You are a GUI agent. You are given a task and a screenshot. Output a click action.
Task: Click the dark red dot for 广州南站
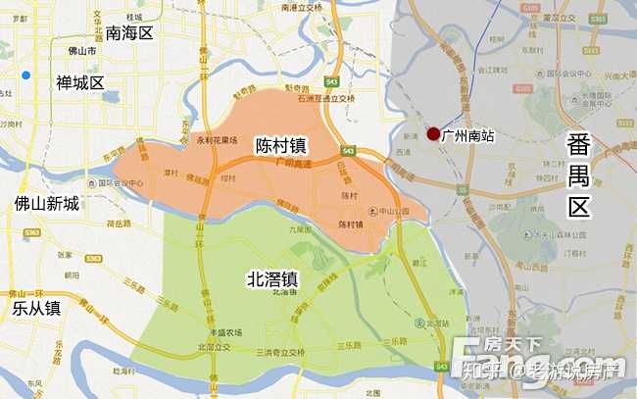coord(433,134)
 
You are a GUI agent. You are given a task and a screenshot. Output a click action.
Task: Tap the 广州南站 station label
coord(468,136)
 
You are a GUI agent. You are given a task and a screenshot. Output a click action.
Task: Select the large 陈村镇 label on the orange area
coord(280,144)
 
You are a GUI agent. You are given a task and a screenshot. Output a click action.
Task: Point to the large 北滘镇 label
coord(273,279)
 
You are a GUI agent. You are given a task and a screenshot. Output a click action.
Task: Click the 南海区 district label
coord(130,33)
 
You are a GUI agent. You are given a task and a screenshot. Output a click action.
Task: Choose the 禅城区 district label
coord(79,82)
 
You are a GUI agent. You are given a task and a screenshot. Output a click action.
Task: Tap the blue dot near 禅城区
coord(26,75)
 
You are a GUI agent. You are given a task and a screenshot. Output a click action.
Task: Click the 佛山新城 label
coord(46,204)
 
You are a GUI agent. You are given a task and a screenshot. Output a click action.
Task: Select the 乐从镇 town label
coord(36,308)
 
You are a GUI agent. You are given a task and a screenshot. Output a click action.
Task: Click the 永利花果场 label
coord(218,140)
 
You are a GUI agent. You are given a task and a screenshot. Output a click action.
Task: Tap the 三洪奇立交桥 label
coord(280,351)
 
